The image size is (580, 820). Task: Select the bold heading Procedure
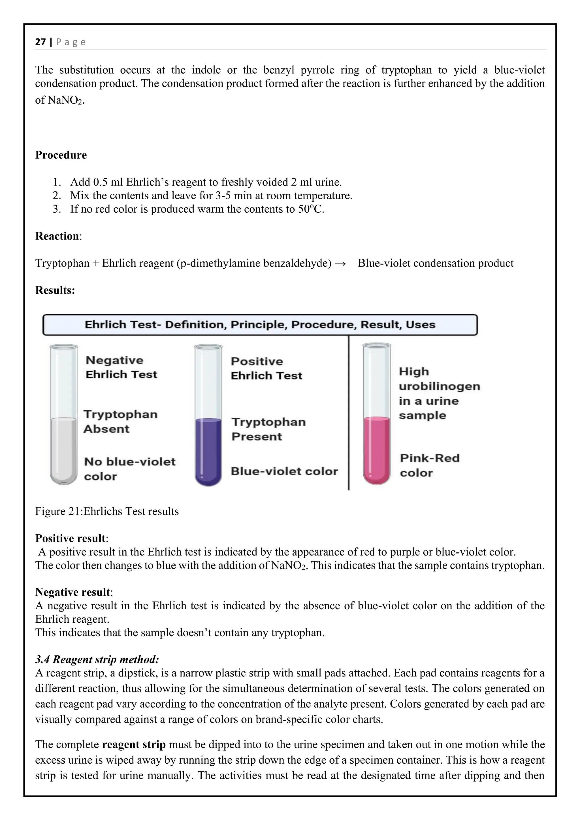click(x=61, y=155)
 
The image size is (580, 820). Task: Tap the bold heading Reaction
click(x=57, y=236)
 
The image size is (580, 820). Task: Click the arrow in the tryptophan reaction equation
click(x=341, y=264)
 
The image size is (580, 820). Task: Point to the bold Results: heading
click(x=55, y=290)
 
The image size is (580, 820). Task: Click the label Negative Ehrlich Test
click(x=121, y=367)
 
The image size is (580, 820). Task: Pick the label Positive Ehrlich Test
click(x=266, y=368)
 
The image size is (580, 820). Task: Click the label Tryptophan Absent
click(x=120, y=421)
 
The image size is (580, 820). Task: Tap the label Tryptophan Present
click(x=268, y=429)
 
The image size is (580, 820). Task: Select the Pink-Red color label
click(x=429, y=465)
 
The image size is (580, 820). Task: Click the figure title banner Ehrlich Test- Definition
click(x=260, y=325)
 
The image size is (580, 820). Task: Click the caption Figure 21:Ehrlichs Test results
click(x=107, y=511)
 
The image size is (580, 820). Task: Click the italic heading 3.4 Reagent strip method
click(x=97, y=659)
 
